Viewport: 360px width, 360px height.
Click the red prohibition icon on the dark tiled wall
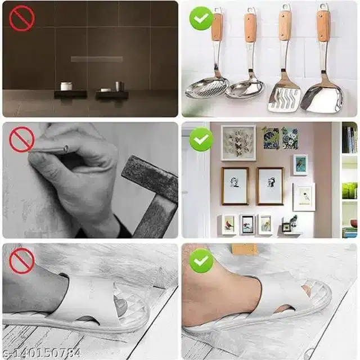[x=22, y=19]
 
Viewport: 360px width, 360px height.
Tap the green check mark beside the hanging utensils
[x=201, y=19]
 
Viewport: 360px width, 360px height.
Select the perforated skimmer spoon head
[x=206, y=88]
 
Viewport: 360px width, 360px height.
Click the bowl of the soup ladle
[x=246, y=89]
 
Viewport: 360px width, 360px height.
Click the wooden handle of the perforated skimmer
[x=217, y=26]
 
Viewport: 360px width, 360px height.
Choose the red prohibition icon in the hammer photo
[x=22, y=139]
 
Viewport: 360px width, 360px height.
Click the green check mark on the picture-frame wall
[x=201, y=139]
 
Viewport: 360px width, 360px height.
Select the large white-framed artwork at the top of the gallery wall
[x=238, y=142]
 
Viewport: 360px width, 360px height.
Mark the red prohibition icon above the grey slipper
[x=22, y=261]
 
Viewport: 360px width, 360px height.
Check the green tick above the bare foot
[x=201, y=261]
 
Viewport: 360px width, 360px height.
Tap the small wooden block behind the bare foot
[x=245, y=249]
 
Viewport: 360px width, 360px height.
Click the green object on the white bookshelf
[x=349, y=191]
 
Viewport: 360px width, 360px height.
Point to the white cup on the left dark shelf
[x=66, y=87]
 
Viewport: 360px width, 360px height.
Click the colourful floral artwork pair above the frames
[x=280, y=138]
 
